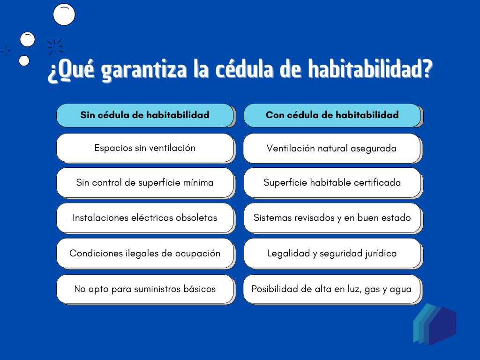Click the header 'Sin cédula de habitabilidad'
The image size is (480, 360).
pos(145,115)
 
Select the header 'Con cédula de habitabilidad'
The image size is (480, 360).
pos(332,115)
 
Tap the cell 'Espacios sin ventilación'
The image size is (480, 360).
pos(145,148)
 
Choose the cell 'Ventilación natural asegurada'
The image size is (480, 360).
pos(332,149)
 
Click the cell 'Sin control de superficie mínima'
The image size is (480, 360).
pos(145,183)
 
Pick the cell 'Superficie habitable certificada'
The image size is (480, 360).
pos(332,183)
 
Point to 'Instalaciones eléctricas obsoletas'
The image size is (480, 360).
pos(145,218)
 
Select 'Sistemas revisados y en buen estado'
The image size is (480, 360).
pos(332,218)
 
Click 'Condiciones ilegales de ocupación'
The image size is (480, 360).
pos(145,254)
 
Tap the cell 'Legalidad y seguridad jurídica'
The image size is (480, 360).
pos(332,254)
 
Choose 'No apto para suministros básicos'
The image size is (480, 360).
pos(145,289)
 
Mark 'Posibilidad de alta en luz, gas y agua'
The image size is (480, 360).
pos(332,289)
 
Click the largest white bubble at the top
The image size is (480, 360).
pos(64,15)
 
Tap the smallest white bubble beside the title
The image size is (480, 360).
pos(24,61)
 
